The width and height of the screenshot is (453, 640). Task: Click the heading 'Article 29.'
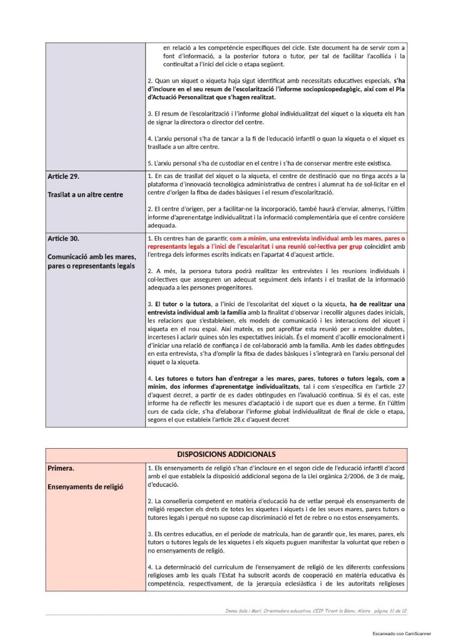[x=64, y=176]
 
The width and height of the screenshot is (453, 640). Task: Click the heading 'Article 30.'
[x=64, y=239]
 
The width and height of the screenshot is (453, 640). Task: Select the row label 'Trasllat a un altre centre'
[x=86, y=194]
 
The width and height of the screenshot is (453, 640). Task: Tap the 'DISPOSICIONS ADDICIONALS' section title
[x=227, y=454]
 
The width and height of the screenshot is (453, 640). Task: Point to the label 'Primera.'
[x=62, y=467]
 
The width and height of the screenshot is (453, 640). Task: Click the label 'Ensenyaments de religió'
[x=85, y=486]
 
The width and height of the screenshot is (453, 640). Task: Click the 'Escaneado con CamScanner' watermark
[x=399, y=633]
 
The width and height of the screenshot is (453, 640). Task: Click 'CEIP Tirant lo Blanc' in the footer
[x=324, y=609]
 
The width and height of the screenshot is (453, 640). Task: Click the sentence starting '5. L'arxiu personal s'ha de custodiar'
[x=269, y=163]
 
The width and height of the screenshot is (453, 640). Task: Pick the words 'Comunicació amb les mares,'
[x=91, y=257]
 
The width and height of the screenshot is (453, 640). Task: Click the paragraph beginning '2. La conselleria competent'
[x=276, y=510]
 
